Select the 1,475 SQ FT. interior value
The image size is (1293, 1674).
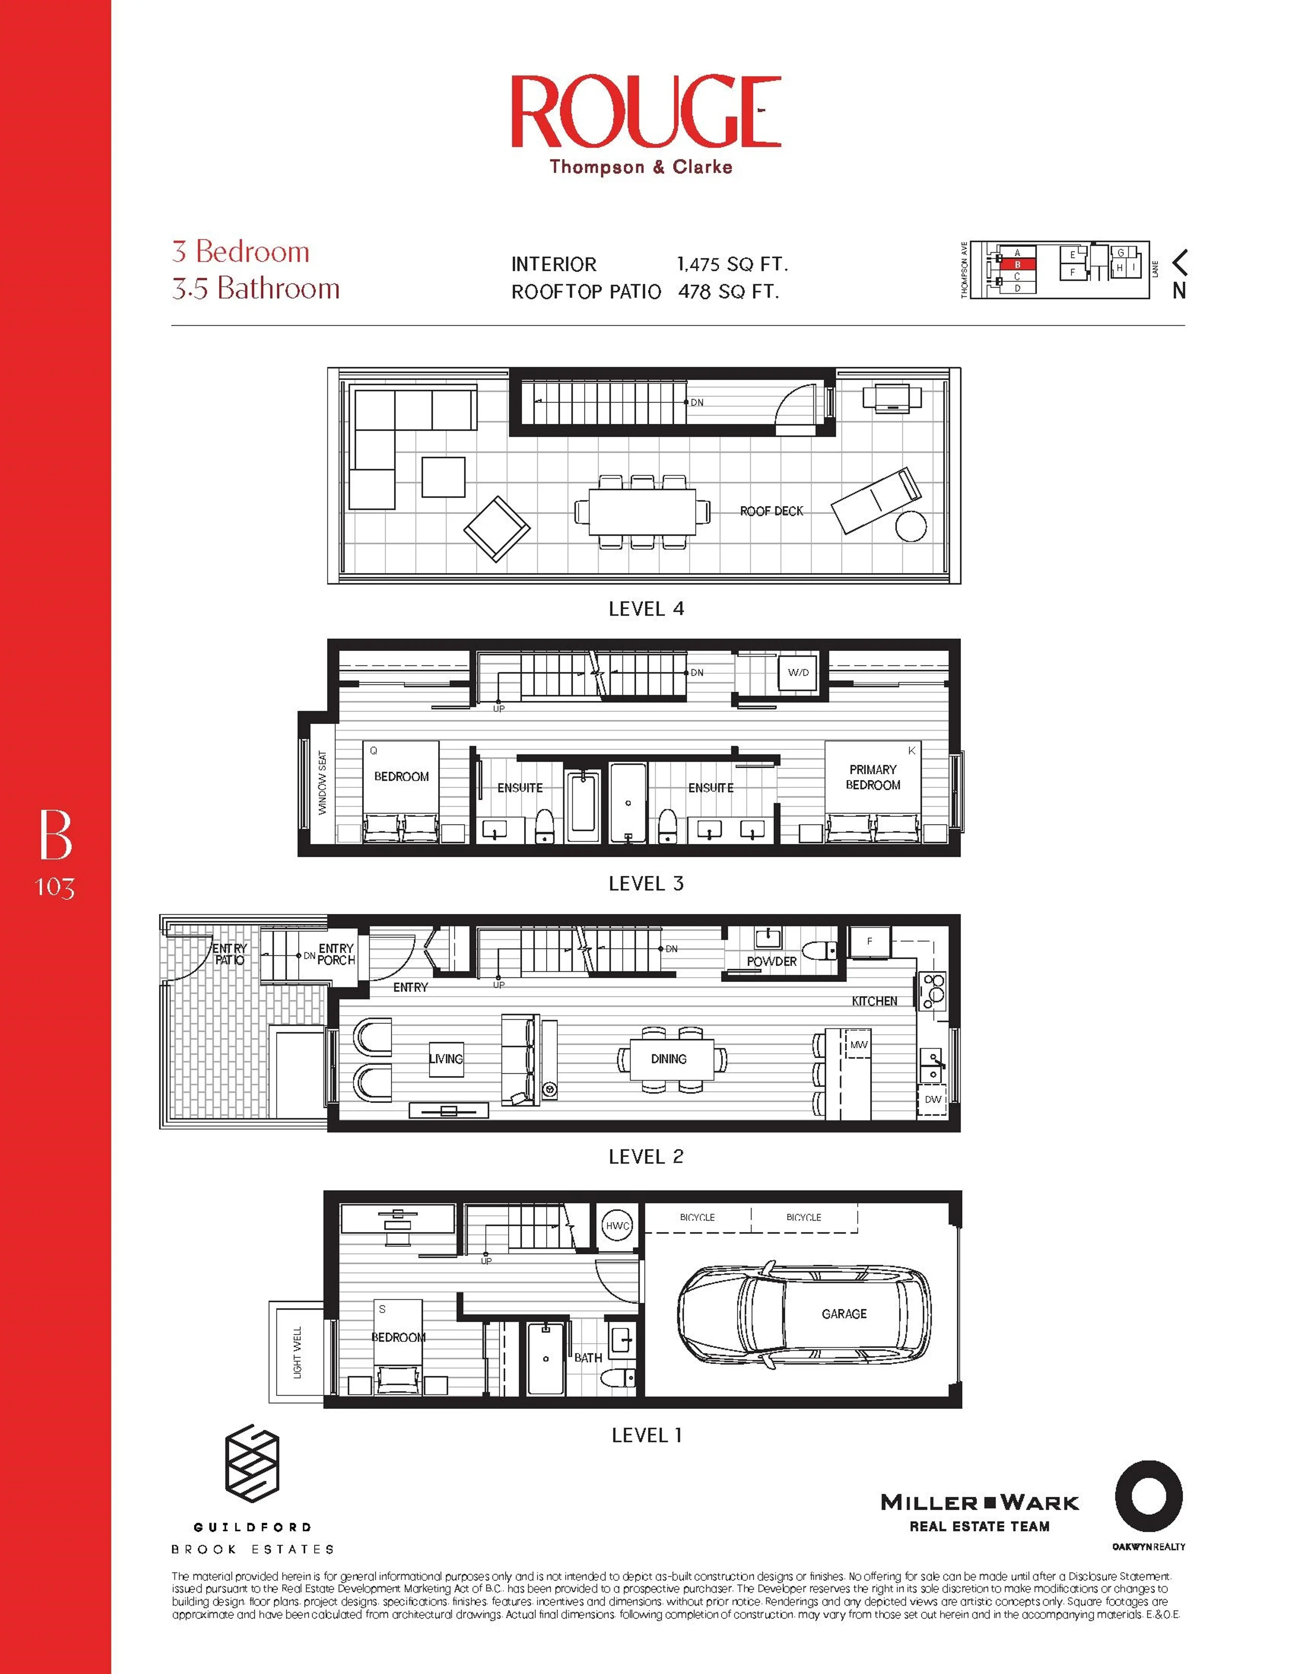tap(732, 264)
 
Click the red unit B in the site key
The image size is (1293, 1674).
tap(1017, 264)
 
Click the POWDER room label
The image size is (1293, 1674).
tap(771, 961)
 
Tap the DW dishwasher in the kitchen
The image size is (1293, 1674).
tap(932, 1099)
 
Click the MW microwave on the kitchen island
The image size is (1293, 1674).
tap(858, 1045)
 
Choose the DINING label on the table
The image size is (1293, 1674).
tap(668, 1059)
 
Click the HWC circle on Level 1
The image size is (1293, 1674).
tap(618, 1226)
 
